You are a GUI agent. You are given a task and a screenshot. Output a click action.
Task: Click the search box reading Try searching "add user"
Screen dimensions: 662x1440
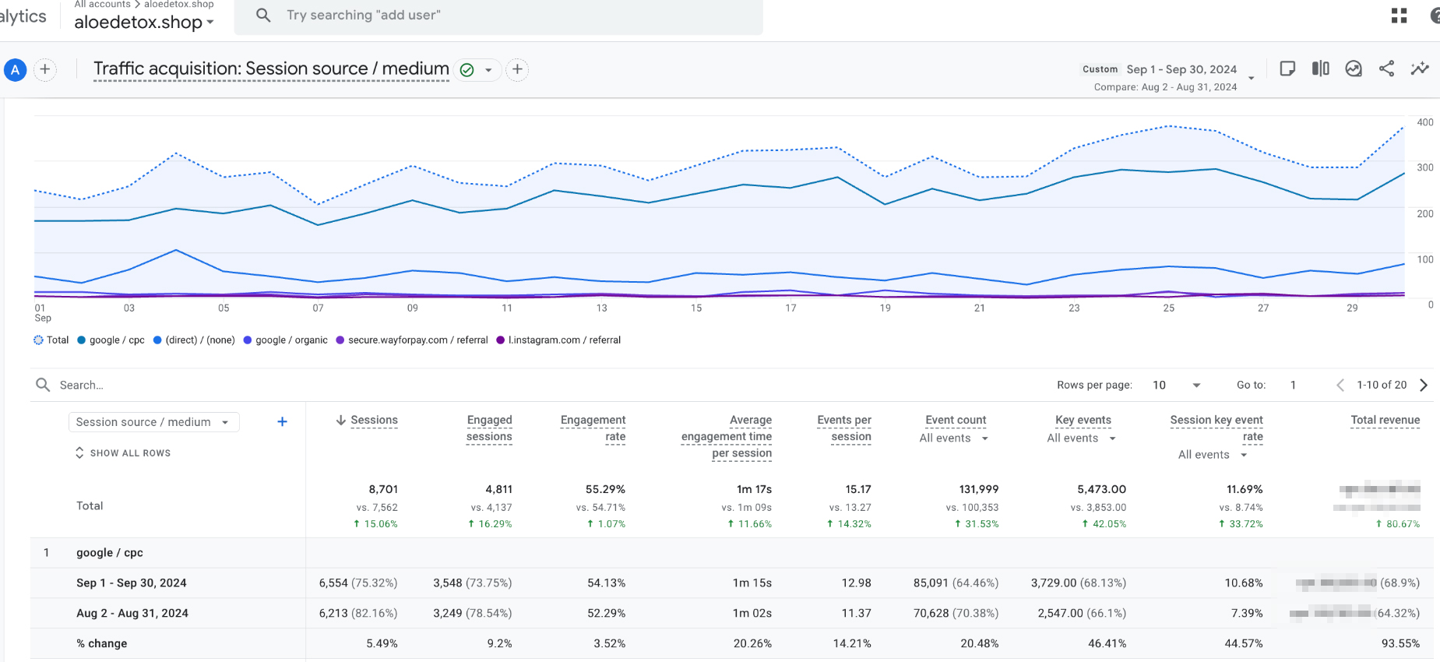498,16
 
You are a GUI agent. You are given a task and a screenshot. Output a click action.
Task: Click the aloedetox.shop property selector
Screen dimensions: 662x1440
143,23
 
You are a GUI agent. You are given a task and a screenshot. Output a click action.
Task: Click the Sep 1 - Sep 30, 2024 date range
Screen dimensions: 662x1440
1181,69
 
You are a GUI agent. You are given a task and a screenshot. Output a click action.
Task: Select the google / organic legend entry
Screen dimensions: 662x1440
285,340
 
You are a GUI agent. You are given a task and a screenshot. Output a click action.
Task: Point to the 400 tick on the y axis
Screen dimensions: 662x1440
1424,122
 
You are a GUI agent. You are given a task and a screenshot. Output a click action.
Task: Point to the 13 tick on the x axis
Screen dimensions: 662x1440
601,308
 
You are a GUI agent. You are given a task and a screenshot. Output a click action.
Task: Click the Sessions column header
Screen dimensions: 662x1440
373,421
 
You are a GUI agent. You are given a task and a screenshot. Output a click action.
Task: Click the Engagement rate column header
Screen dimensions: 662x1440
593,428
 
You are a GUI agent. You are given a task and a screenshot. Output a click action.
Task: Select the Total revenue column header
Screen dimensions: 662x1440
1385,421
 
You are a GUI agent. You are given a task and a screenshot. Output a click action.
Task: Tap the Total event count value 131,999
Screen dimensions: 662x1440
978,490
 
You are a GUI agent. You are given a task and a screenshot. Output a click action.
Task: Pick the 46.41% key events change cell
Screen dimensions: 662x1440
1107,644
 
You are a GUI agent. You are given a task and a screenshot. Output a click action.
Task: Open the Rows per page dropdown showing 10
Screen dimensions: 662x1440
1176,386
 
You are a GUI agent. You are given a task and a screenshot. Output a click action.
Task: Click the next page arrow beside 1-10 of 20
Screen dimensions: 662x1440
1424,386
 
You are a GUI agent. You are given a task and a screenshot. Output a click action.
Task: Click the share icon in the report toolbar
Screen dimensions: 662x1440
1386,69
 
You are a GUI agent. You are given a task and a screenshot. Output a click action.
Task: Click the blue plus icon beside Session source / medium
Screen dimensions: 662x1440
282,422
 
